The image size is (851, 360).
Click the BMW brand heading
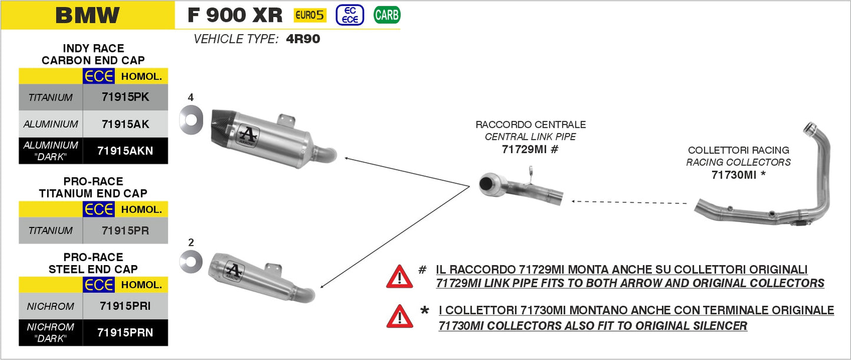(x=87, y=15)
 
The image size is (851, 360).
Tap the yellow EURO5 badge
(x=310, y=15)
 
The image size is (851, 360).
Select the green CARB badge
(x=386, y=15)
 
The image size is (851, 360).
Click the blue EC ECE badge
(x=350, y=15)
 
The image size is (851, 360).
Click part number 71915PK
(x=125, y=97)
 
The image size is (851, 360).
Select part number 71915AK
(x=125, y=124)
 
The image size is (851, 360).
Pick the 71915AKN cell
(x=125, y=151)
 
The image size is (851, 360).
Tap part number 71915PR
(x=125, y=230)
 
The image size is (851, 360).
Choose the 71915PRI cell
(x=125, y=306)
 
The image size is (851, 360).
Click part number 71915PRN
(x=125, y=333)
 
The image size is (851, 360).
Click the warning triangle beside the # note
(x=399, y=276)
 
